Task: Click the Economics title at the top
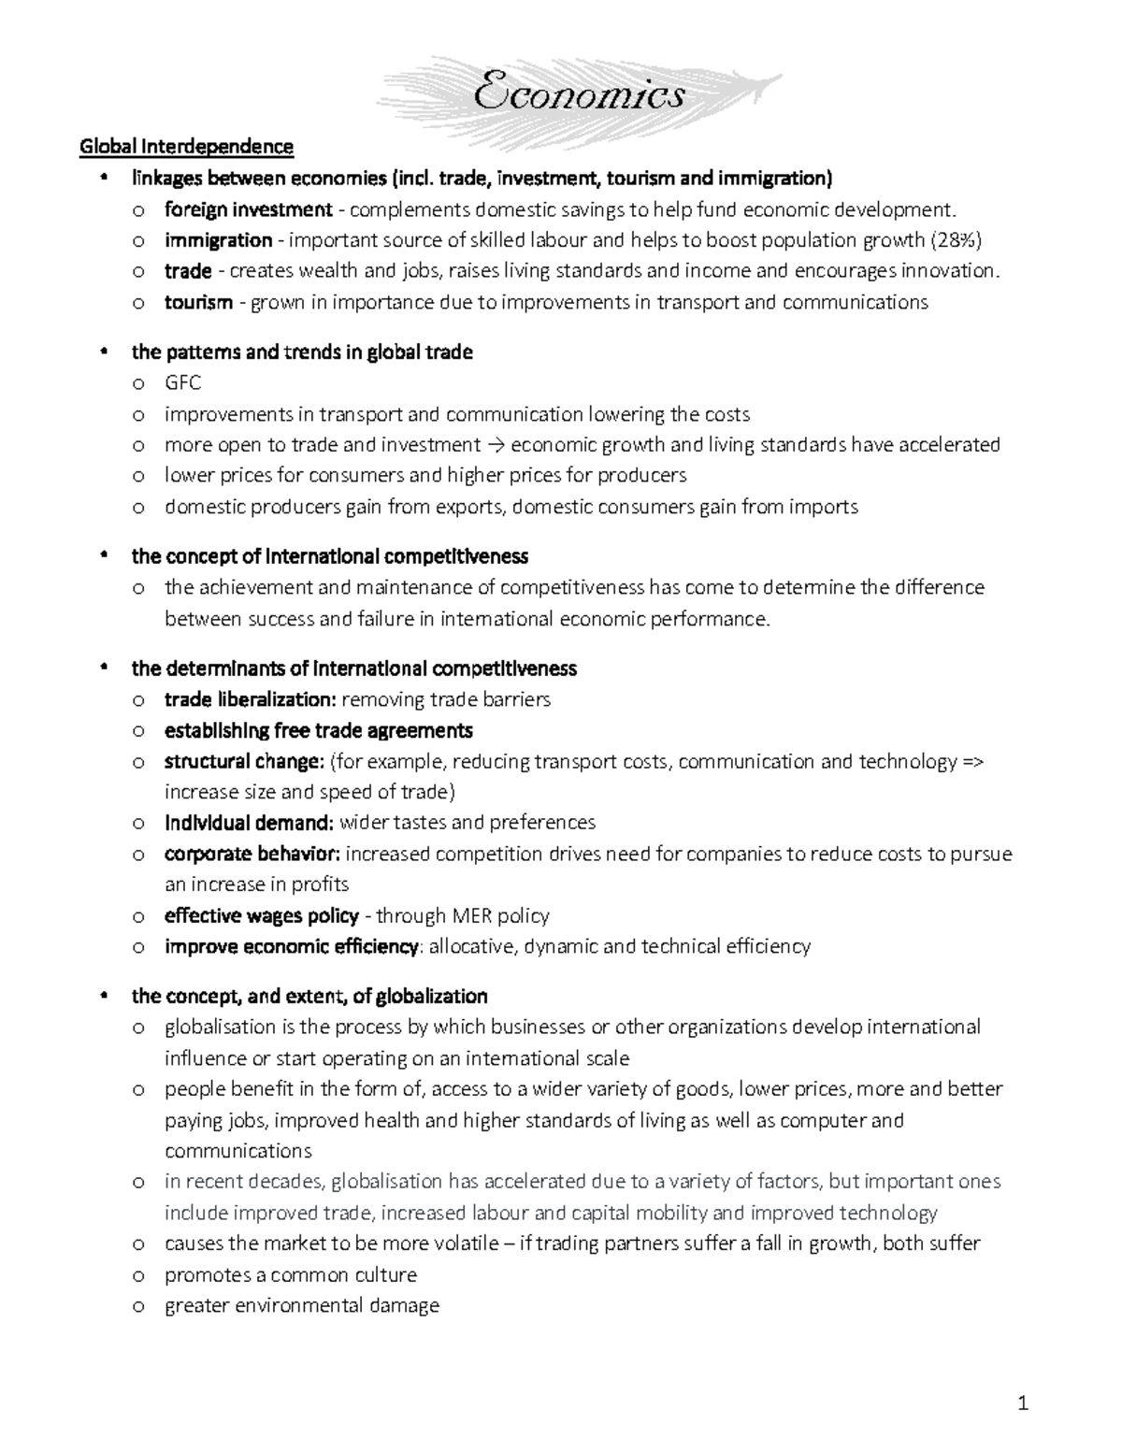580,95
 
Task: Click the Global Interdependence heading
187,147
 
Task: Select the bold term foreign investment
249,209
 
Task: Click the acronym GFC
182,383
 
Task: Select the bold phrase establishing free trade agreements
318,730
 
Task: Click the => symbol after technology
972,761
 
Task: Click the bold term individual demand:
249,823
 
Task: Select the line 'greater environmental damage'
302,1306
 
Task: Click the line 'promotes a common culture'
291,1275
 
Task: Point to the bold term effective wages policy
262,915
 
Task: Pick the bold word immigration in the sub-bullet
219,240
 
